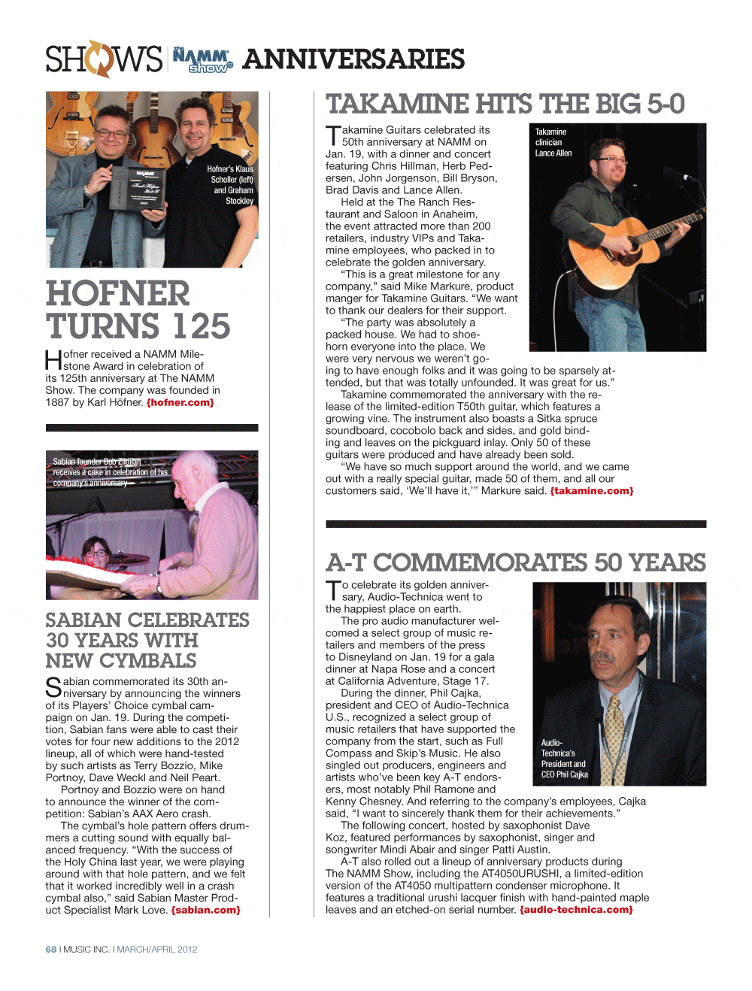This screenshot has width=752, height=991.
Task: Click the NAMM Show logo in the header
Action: pyautogui.click(x=202, y=59)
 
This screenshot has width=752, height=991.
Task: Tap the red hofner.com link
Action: pyautogui.click(x=180, y=403)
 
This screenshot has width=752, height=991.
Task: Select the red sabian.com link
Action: pyautogui.click(x=205, y=911)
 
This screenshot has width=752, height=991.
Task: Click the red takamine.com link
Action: pyautogui.click(x=592, y=491)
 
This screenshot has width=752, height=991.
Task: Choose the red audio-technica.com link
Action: pyautogui.click(x=576, y=910)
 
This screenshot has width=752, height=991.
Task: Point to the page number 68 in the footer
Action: pyautogui.click(x=51, y=950)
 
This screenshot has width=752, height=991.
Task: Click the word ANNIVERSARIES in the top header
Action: pyautogui.click(x=353, y=59)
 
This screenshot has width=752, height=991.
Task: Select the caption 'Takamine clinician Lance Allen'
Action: pyautogui.click(x=553, y=142)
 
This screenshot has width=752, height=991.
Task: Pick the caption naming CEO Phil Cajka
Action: pyautogui.click(x=564, y=759)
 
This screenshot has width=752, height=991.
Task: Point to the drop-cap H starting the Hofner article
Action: pyautogui.click(x=53, y=360)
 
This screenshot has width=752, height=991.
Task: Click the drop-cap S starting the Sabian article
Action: pyautogui.click(x=53, y=687)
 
